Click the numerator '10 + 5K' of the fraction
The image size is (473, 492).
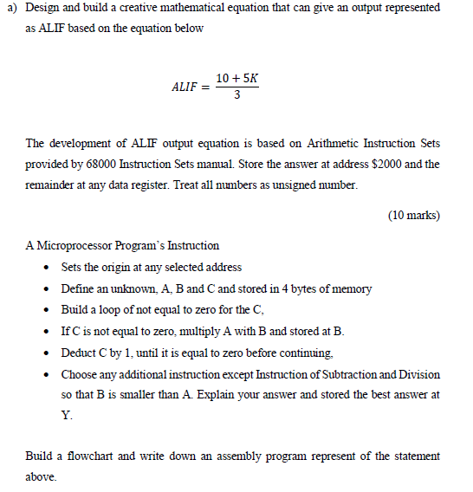tap(237, 79)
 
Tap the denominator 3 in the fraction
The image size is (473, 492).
tap(237, 95)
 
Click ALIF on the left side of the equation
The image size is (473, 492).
tap(185, 87)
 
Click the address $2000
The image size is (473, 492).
tap(389, 164)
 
